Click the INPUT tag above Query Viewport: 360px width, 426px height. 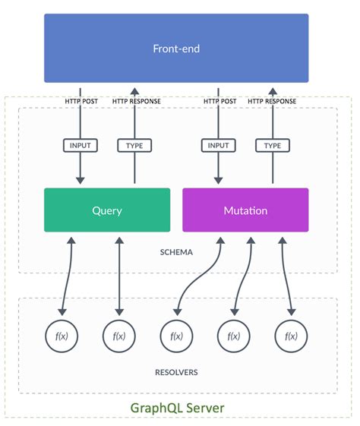tap(80, 145)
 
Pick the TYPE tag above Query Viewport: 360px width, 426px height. tap(134, 145)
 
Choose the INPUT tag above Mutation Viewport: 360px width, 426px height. tap(218, 145)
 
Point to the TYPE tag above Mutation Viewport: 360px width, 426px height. tap(272, 145)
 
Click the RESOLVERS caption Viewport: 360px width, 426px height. tap(177, 372)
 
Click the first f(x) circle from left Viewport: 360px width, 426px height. tap(62, 335)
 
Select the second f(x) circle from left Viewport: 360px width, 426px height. tap(119, 335)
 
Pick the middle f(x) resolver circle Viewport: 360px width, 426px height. tap(176, 335)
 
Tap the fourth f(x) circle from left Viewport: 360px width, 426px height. tap(233, 335)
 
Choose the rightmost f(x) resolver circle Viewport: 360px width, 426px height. tap(290, 335)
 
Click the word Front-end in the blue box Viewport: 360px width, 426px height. tap(176, 49)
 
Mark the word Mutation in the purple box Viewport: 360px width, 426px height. tap(245, 210)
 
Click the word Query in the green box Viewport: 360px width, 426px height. tap(107, 210)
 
